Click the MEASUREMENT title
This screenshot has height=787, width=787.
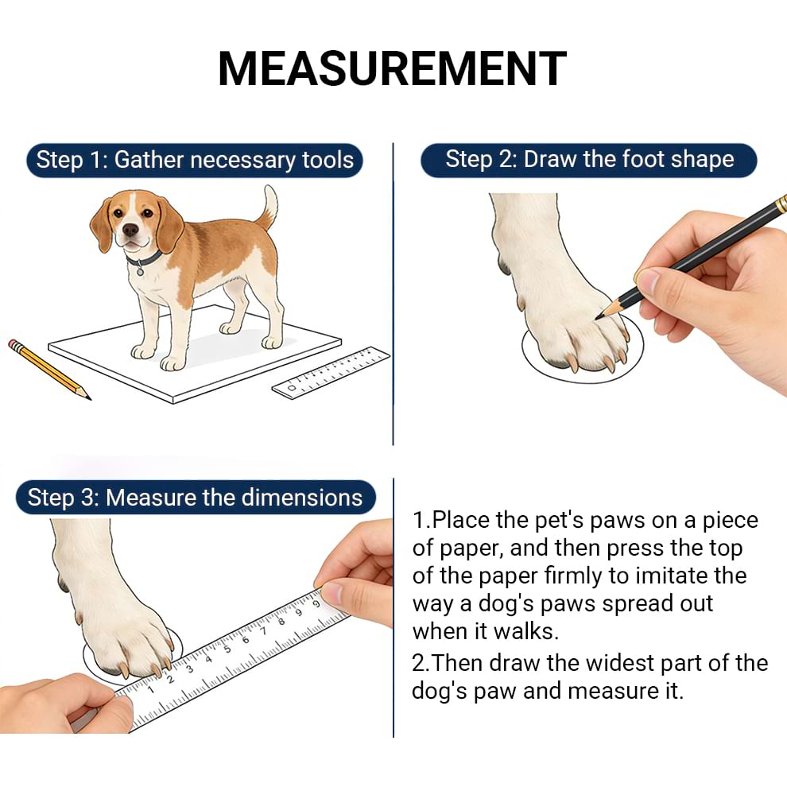(392, 69)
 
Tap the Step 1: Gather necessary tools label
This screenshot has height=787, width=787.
(195, 160)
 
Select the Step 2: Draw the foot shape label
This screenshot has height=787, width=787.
(589, 159)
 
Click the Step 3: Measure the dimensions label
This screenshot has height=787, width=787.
(195, 498)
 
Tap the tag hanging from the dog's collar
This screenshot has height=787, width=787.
(141, 270)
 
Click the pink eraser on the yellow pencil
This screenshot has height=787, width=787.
(14, 345)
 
